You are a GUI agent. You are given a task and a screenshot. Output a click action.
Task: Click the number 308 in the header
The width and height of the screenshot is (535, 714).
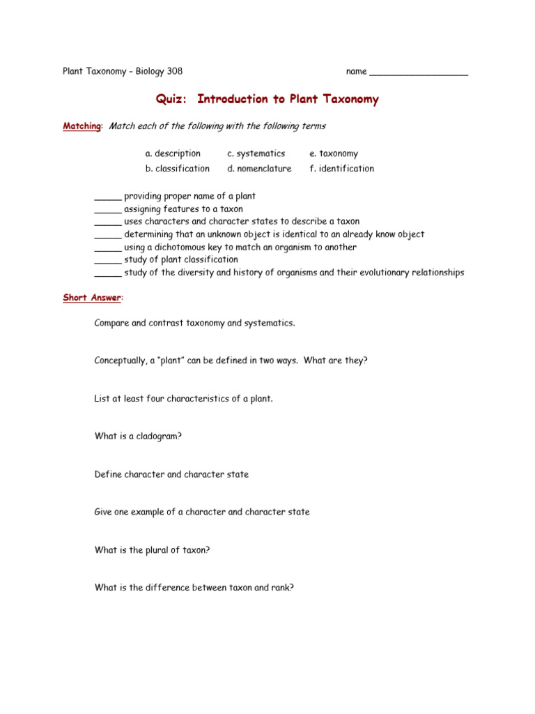point(174,71)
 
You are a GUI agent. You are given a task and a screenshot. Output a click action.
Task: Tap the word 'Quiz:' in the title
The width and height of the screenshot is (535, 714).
point(172,99)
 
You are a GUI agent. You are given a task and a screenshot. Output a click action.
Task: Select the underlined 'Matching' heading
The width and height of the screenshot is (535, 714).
point(82,126)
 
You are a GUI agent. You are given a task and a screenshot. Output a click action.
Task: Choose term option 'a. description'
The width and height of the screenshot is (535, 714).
point(173,153)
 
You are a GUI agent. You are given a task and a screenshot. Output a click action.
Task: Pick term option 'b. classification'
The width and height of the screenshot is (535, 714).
point(177,169)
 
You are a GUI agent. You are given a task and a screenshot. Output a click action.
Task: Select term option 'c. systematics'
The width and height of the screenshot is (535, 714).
point(256,153)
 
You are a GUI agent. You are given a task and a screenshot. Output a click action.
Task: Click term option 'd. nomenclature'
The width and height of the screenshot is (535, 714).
point(259,169)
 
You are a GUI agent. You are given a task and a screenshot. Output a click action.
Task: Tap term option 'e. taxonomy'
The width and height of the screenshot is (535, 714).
point(334,153)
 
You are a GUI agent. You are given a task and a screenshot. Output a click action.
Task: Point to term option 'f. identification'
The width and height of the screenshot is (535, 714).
point(341,169)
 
